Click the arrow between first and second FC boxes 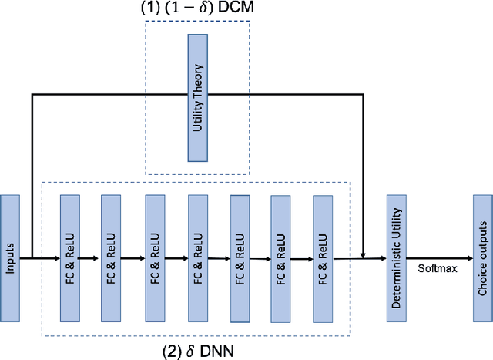point(91,258)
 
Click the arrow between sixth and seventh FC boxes point(302,258)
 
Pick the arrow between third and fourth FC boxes point(176,258)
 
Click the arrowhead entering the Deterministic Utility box point(382,258)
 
